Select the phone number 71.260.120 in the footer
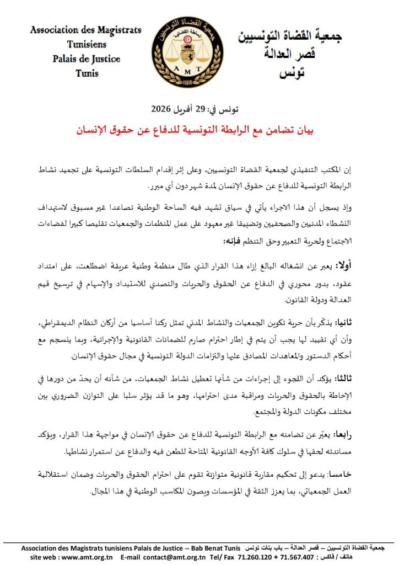tap(254, 557)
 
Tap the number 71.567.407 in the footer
tap(298, 557)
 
